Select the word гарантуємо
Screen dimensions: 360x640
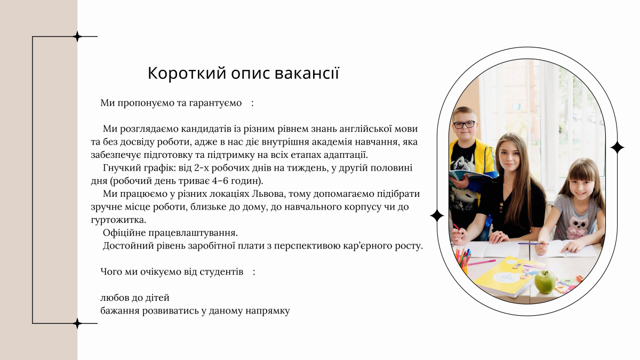(215, 102)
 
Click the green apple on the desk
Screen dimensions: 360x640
(545, 281)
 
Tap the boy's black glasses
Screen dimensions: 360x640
(463, 124)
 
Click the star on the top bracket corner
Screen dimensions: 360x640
(77, 37)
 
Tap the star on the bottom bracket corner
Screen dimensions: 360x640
(77, 323)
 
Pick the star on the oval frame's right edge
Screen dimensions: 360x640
(617, 148)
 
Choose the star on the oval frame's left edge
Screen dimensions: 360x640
(437, 215)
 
